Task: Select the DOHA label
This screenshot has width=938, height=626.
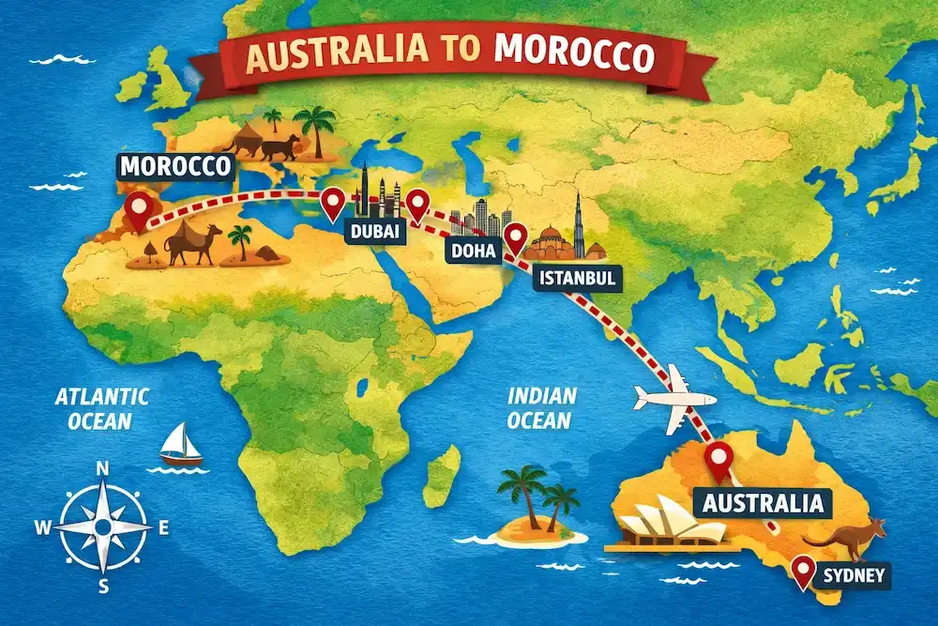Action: pyautogui.click(x=468, y=251)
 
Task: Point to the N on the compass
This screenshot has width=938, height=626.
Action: pyautogui.click(x=102, y=469)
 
